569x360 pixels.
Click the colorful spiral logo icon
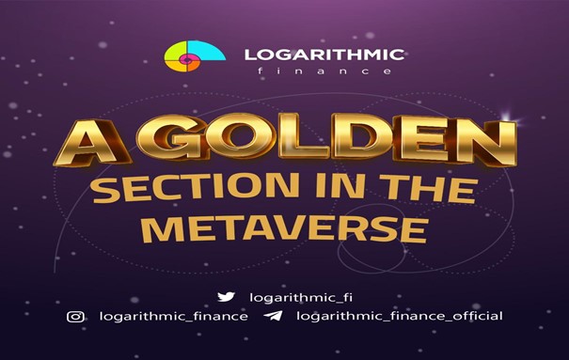coord(195,55)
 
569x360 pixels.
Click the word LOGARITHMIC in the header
coord(324,55)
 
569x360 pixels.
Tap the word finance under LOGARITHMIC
coord(324,70)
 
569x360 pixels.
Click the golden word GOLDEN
coord(325,139)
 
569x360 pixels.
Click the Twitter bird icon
coord(226,297)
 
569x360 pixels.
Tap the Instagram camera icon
coord(75,317)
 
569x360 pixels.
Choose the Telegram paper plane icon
coord(274,316)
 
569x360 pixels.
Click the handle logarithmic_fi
coord(301,298)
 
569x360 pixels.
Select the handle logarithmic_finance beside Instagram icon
coord(173,316)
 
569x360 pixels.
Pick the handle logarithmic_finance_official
coord(400,316)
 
